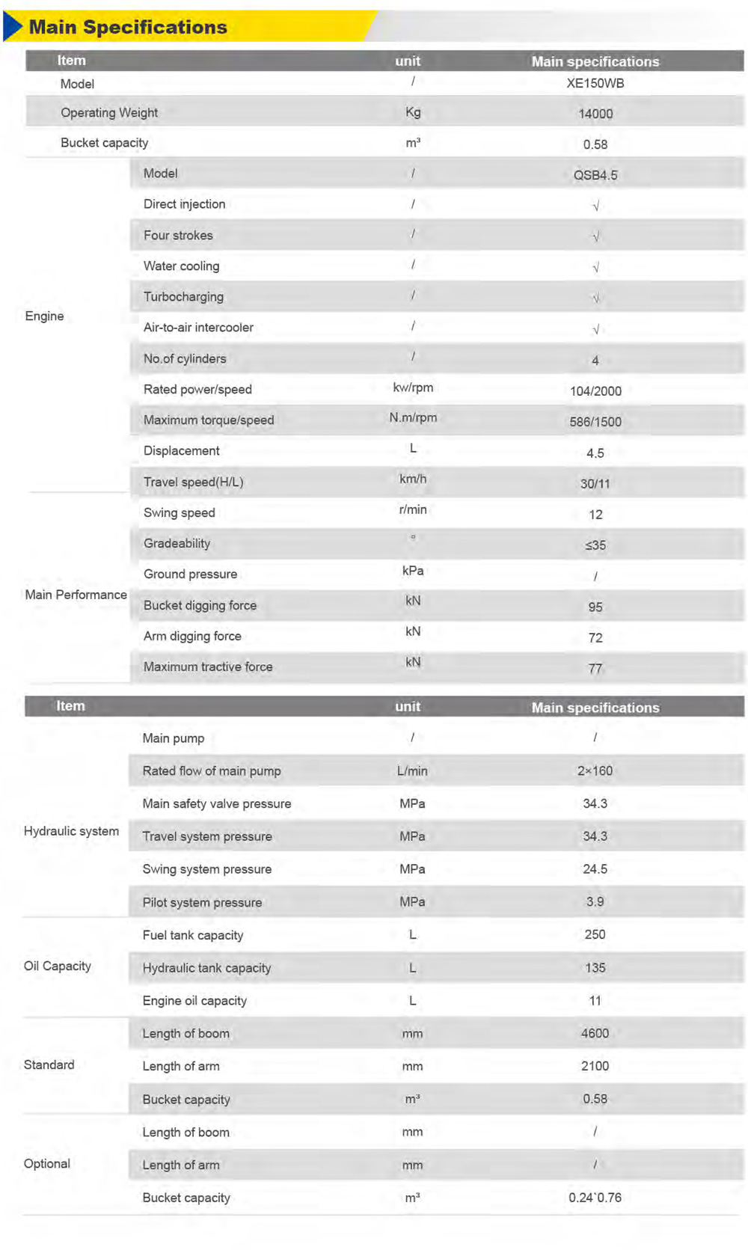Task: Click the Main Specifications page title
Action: click(128, 28)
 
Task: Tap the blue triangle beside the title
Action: click(13, 26)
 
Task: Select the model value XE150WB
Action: click(595, 83)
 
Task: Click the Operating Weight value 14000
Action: click(595, 114)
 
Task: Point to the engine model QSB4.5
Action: click(595, 175)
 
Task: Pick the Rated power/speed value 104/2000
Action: click(595, 390)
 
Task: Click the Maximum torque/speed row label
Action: click(209, 420)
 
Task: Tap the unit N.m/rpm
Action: click(413, 417)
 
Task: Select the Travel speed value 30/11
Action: click(595, 484)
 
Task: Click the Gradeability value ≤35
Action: click(595, 545)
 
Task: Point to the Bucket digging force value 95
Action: click(595, 607)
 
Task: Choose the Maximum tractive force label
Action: click(208, 667)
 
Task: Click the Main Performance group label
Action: click(76, 595)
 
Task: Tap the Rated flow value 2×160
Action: click(595, 770)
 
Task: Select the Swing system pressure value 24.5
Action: click(595, 869)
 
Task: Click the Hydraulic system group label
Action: click(71, 831)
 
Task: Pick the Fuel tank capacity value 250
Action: click(595, 935)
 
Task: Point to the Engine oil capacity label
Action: click(194, 1001)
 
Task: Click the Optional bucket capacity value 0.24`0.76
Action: click(595, 1198)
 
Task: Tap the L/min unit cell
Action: click(412, 770)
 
